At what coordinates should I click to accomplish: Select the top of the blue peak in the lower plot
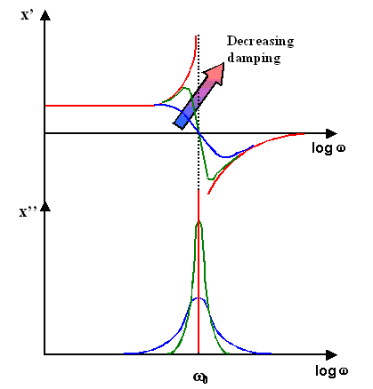tap(198, 298)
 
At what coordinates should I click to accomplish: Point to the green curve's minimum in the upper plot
tap(209, 179)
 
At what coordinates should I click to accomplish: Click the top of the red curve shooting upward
tap(194, 34)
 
